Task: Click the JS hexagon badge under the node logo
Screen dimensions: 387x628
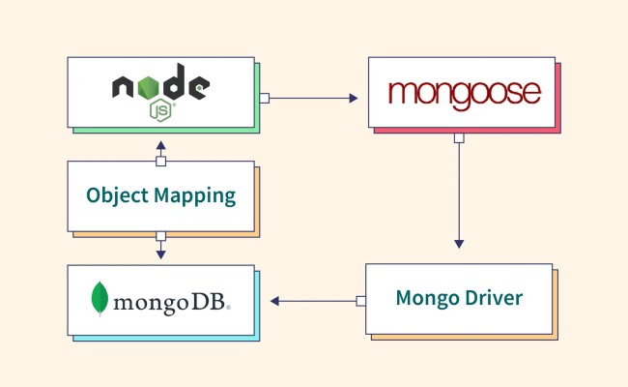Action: pos(161,109)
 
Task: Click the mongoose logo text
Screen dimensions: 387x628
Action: pos(463,93)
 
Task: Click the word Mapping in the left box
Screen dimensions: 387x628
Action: pos(196,196)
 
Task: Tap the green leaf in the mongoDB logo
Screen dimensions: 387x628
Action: pos(100,299)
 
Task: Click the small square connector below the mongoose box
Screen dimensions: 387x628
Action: pos(459,138)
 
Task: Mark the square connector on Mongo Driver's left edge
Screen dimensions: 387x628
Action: pos(360,301)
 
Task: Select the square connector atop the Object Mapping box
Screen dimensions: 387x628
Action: pos(161,161)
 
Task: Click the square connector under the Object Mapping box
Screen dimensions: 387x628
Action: pos(161,235)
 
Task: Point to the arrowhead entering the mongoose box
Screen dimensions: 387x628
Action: pos(353,98)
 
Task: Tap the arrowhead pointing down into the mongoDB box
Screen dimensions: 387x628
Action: pos(161,254)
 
